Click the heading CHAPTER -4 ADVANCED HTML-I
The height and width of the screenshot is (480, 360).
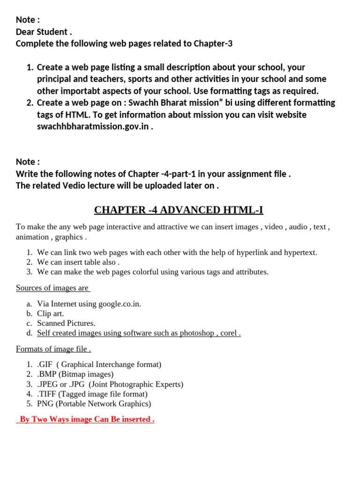[x=182, y=210]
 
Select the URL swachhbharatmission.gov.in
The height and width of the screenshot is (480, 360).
[x=93, y=127]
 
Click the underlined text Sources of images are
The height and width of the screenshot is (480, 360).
[x=52, y=288]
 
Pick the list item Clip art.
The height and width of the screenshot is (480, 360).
[x=51, y=314]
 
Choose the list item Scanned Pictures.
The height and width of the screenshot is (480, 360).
[x=66, y=323]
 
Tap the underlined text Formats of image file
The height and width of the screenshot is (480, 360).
[x=53, y=349]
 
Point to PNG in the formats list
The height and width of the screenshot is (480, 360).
[x=45, y=404]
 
